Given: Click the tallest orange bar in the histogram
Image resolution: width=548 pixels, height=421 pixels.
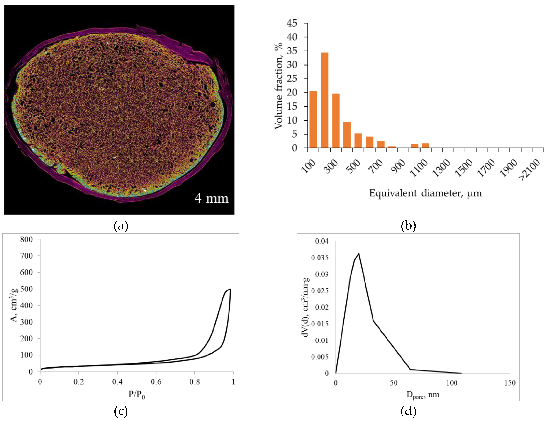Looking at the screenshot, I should (324, 100).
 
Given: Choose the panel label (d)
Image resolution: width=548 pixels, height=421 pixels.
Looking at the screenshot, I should (408, 411).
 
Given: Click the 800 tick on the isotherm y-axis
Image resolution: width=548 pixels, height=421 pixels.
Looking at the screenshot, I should (26, 240).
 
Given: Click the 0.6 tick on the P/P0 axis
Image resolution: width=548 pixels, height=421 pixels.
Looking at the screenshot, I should (156, 382).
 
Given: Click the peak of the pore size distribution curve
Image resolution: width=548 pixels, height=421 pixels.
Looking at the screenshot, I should (359, 254).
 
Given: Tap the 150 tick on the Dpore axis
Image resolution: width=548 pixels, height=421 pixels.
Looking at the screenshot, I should (510, 383).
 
